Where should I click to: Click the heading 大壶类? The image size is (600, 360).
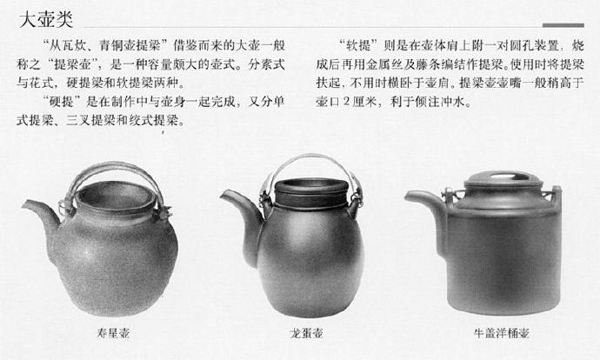[46, 19]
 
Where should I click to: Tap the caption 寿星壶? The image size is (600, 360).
[113, 333]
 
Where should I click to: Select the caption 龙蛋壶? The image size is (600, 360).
[306, 333]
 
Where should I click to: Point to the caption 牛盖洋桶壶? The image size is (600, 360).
[502, 333]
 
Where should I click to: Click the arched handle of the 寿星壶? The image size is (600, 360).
[115, 167]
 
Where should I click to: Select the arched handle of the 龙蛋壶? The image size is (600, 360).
[313, 157]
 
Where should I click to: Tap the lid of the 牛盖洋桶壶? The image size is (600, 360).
[503, 179]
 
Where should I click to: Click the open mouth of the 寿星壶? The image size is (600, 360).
[115, 196]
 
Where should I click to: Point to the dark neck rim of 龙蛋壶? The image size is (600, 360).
[311, 193]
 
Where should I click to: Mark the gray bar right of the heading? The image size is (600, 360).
[563, 25]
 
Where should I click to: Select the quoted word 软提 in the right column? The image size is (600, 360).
[358, 45]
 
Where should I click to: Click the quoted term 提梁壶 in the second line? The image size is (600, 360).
[72, 64]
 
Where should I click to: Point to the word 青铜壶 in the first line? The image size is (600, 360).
[117, 45]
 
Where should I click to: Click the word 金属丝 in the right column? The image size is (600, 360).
[384, 64]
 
